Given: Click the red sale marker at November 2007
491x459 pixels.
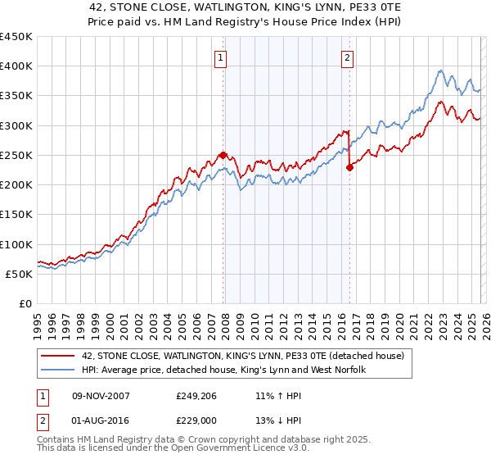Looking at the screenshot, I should pos(223,155).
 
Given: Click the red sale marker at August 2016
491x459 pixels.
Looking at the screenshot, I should pos(349,167).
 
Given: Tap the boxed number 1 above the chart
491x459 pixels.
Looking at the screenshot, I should pos(222,57).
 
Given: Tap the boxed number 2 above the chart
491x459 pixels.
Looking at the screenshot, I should pos(348,57).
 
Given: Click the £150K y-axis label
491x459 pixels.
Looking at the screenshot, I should pos(16,215).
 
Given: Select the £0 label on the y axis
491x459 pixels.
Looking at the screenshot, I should pos(25,303).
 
